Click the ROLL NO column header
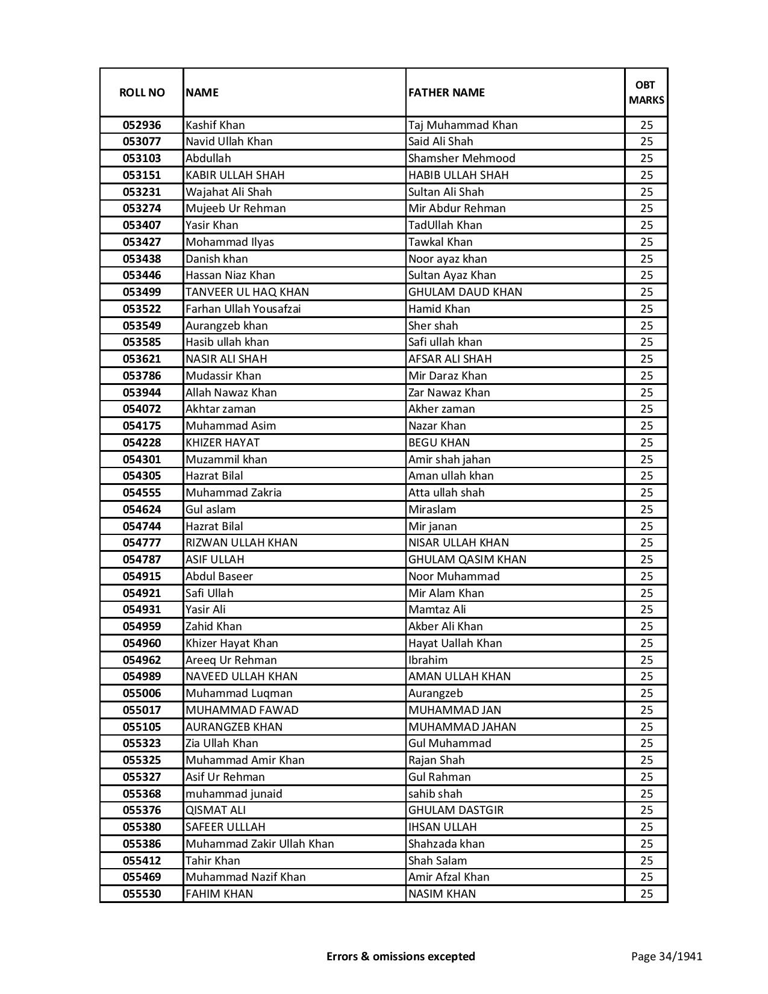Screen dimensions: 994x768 [x=142, y=92]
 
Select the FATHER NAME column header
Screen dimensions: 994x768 [x=446, y=92]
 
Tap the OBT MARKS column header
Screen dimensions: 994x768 [x=646, y=92]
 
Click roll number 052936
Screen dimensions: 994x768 [x=142, y=125]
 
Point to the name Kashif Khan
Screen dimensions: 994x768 [x=215, y=125]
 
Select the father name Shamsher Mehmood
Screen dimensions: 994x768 [x=461, y=158]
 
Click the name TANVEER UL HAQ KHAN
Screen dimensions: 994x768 [x=247, y=292]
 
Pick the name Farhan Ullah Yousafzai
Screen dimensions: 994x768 [x=243, y=309]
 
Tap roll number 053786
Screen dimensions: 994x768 [x=142, y=376]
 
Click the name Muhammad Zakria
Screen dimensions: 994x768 [x=233, y=493]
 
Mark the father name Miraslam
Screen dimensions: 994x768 [x=432, y=510]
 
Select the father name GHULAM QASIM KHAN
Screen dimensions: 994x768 [x=467, y=560]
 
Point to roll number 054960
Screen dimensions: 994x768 [x=142, y=643]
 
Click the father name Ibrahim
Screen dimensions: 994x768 [x=428, y=660]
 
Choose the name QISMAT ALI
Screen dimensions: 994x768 [x=215, y=810]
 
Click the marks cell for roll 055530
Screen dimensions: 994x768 [x=646, y=894]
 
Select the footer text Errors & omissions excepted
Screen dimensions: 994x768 [x=401, y=956]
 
